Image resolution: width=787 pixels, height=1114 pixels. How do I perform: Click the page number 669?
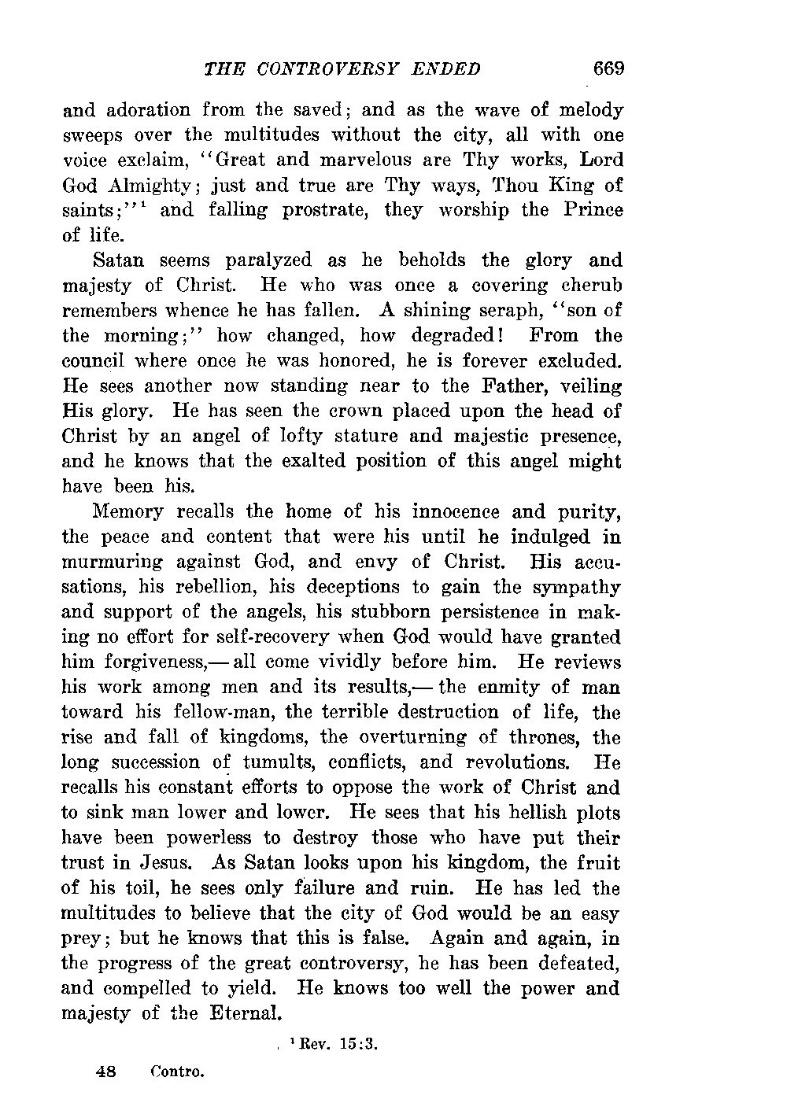pyautogui.click(x=608, y=68)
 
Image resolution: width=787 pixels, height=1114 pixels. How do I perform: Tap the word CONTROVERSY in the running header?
pyautogui.click(x=330, y=69)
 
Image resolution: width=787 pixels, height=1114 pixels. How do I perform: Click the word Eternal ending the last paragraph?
pyautogui.click(x=246, y=1014)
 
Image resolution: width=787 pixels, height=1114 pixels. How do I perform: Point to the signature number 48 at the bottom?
pyautogui.click(x=105, y=1071)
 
